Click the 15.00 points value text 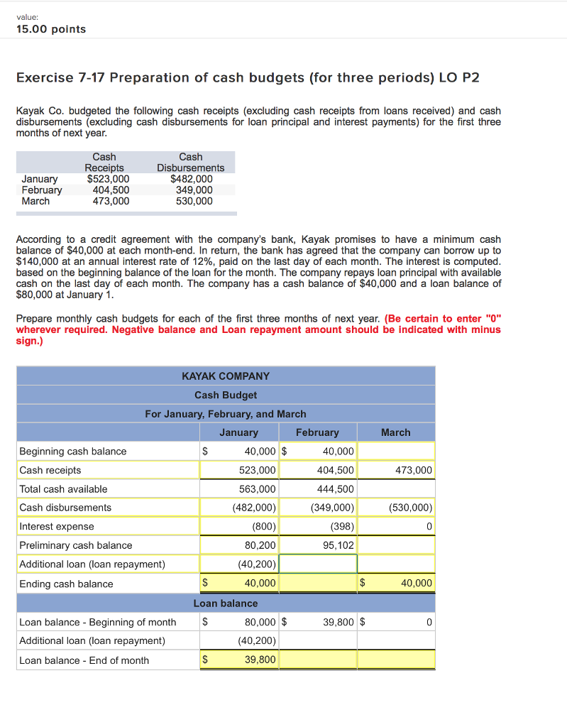click(x=50, y=29)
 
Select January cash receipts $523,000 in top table click(x=108, y=179)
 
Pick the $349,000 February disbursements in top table click(x=194, y=190)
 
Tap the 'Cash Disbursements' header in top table click(x=191, y=162)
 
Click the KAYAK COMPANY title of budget click(x=226, y=376)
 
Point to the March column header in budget click(x=395, y=432)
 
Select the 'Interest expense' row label click(x=57, y=526)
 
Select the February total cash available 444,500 click(x=336, y=488)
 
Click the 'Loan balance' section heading click(x=226, y=603)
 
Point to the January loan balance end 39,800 click(x=260, y=660)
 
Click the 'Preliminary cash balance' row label click(x=76, y=545)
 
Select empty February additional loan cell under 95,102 click(x=318, y=564)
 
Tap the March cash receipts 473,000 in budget click(x=414, y=470)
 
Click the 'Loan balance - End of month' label click(x=84, y=660)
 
